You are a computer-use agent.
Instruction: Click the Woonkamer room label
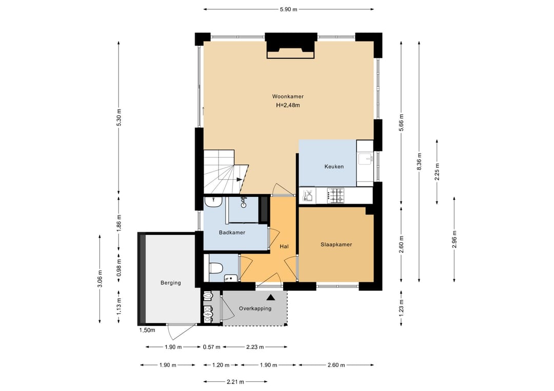point(288,96)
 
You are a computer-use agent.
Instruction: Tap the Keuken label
point(334,167)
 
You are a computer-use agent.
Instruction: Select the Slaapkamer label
point(337,244)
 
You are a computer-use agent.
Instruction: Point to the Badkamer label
point(232,233)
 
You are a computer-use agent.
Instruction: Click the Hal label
point(284,246)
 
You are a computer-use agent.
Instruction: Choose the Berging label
point(171,283)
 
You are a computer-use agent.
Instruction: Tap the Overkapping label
point(255,308)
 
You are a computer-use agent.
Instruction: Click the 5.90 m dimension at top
point(288,10)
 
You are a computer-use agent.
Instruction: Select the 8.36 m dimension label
point(419,161)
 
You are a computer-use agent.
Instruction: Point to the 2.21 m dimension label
point(235,381)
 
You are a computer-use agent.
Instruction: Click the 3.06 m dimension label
point(100,279)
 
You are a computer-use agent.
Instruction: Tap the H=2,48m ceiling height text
point(288,105)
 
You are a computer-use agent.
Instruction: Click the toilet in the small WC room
point(215,269)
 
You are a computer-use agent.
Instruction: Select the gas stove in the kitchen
point(335,196)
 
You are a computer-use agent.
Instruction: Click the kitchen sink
point(365,159)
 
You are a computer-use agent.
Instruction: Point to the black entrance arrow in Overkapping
point(271,298)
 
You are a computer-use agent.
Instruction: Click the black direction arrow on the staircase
point(239,180)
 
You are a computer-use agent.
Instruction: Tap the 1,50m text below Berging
point(147,331)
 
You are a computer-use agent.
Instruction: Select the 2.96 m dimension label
point(454,239)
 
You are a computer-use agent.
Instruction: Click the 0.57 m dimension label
point(212,347)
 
